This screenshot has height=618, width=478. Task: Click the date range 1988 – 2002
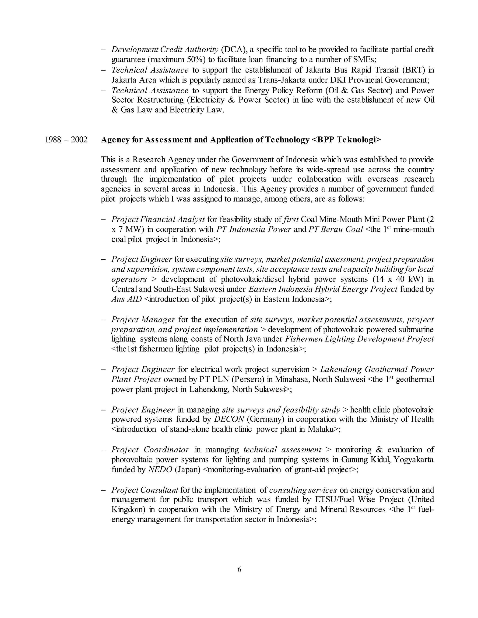tap(66, 140)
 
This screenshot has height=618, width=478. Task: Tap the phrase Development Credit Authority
tap(165, 49)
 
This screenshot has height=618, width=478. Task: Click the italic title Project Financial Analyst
tap(158, 219)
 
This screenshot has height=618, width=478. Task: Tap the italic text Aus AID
tap(126, 299)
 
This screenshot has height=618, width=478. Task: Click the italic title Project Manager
tap(143, 319)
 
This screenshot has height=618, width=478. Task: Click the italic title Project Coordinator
tap(150, 450)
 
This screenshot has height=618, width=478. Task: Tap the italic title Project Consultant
tap(145, 490)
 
